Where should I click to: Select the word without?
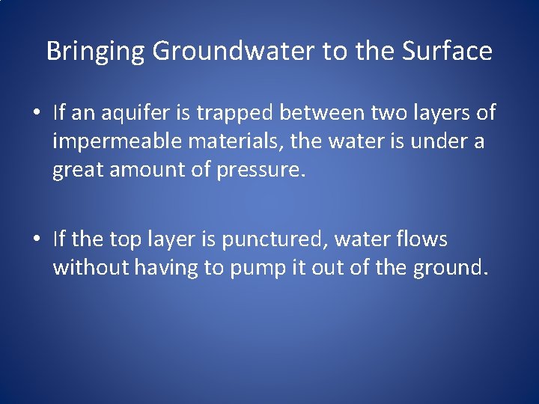pyautogui.click(x=91, y=268)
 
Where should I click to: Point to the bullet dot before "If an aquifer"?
pyautogui.click(x=36, y=114)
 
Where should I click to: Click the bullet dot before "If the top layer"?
pyautogui.click(x=36, y=240)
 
